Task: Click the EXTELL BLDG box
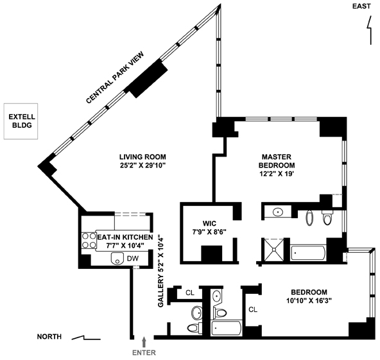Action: coord(21,121)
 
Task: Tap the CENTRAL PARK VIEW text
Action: coord(115,77)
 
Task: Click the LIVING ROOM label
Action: coord(142,161)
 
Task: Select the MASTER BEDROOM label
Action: coord(277,165)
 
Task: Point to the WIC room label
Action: coord(209,227)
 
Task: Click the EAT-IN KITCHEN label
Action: coord(125,241)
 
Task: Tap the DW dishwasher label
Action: coord(133,259)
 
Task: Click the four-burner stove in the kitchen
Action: coord(89,241)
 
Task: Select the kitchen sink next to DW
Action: coord(117,259)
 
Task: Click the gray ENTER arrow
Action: coord(144,342)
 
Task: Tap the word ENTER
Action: coord(144,352)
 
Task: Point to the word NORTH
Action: coord(49,336)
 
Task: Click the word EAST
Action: coord(361,6)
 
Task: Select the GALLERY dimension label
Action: coord(161,270)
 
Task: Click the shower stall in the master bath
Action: coord(274,250)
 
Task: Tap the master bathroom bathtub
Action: coord(308,253)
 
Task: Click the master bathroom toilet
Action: coord(327,218)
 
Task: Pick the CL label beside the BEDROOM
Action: coord(253,309)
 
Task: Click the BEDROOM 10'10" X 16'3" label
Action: coord(309,296)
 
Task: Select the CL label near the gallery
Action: coord(190,293)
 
